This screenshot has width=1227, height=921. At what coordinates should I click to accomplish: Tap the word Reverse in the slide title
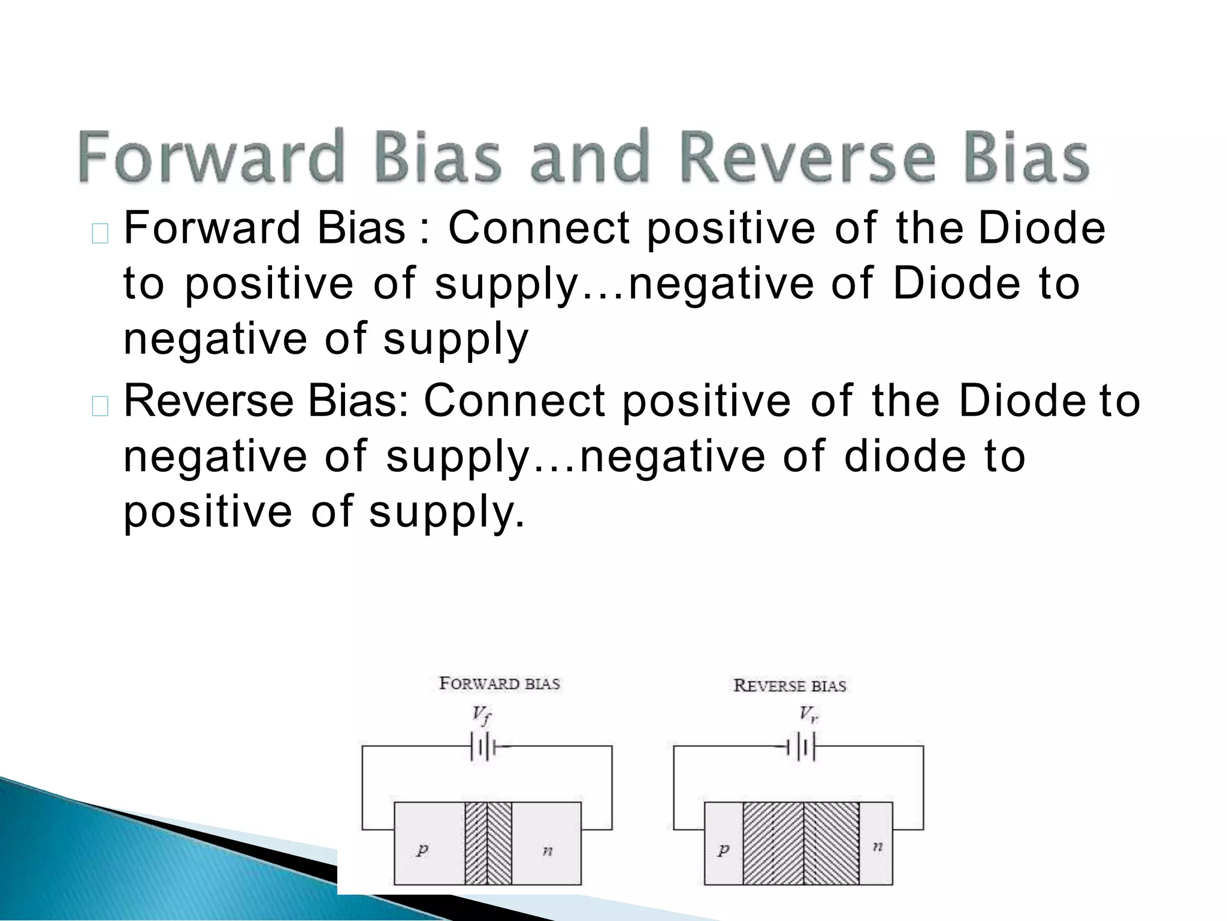coord(806,157)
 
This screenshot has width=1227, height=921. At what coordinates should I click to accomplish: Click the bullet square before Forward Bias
coord(100,233)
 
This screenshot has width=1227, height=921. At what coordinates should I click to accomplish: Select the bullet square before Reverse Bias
coord(100,406)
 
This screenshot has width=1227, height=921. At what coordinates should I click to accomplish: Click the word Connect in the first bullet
coord(539,228)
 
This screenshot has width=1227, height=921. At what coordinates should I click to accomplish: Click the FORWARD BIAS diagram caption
coord(499,684)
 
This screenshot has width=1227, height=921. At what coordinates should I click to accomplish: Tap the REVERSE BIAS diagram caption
coord(790,685)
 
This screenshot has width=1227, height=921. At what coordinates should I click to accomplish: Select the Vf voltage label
coord(482,715)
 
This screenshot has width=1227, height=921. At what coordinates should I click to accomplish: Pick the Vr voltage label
coord(808,714)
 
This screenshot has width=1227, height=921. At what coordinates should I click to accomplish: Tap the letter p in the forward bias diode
coord(422,849)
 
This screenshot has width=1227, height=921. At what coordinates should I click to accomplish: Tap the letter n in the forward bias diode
coord(547,850)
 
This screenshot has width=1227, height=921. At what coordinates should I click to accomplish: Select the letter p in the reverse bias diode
coord(723,849)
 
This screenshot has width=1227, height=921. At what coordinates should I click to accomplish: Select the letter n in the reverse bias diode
coord(877,847)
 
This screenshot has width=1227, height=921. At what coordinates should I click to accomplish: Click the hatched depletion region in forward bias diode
coord(488,843)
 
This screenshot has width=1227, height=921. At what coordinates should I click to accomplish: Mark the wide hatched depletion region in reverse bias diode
coord(801,843)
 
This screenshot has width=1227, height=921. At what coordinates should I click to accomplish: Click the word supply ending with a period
coord(446,513)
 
